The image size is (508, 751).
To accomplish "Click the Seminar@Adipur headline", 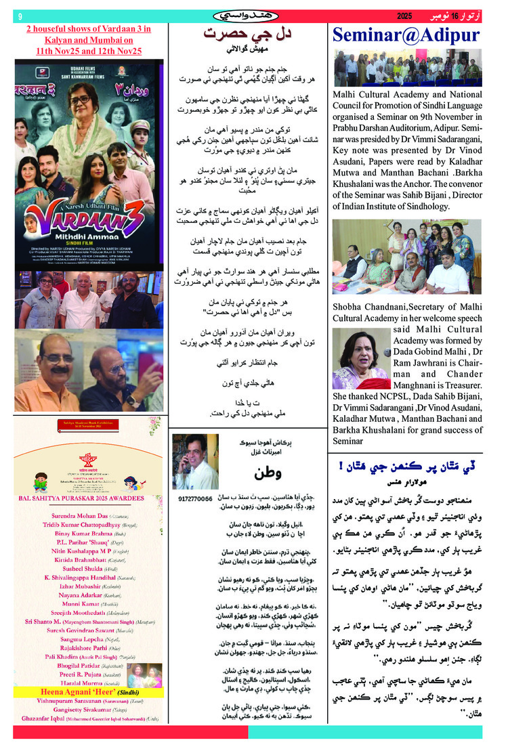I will (405, 36).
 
